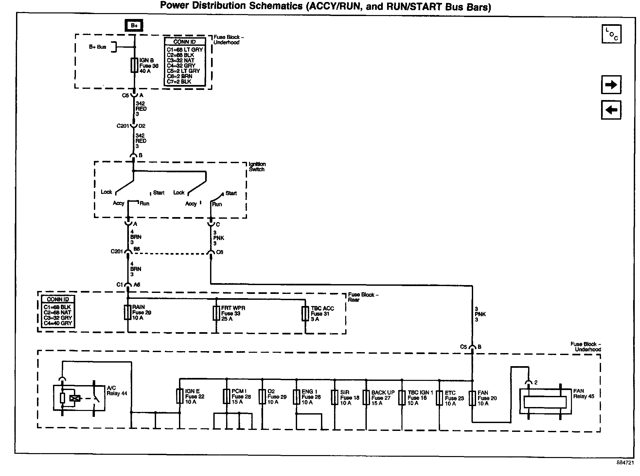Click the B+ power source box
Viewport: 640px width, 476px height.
(134, 25)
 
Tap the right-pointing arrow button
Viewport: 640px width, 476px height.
(611, 85)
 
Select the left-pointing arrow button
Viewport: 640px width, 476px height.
(611, 110)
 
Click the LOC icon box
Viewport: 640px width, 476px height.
(611, 34)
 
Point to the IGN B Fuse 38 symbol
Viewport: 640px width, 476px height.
(134, 65)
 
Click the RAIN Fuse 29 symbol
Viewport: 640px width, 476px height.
(128, 313)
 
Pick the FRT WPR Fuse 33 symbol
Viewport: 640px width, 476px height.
(216, 313)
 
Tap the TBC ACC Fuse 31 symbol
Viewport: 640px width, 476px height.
(305, 314)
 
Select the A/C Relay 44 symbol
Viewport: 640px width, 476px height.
(79, 398)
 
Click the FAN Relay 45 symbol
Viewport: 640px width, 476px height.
(545, 402)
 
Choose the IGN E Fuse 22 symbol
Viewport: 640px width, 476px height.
(180, 396)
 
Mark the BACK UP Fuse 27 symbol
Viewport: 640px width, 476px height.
(366, 398)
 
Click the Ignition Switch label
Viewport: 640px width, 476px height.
(257, 167)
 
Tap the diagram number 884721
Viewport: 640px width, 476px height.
(625, 463)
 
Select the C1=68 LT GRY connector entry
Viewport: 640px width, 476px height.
(185, 50)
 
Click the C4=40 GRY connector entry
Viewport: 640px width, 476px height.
(58, 323)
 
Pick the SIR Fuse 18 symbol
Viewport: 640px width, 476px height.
(334, 398)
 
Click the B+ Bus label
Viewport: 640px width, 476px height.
(98, 47)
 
